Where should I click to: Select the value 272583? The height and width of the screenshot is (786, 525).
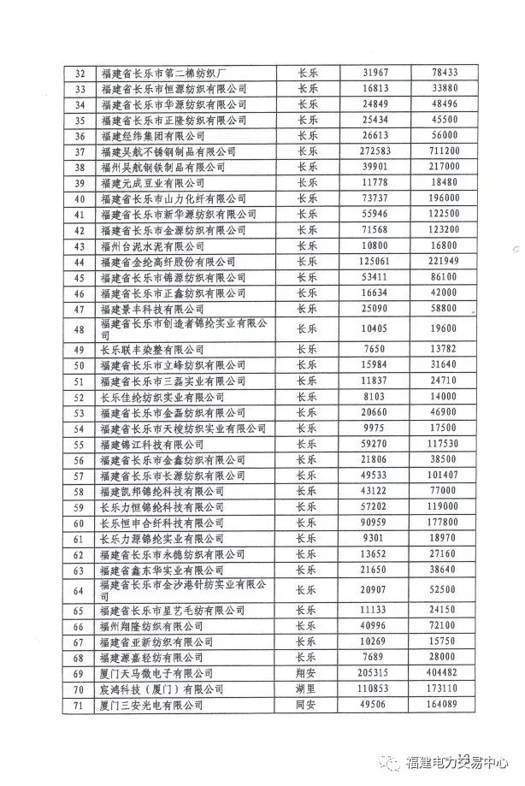click(x=375, y=151)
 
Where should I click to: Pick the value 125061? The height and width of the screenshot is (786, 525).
click(x=375, y=261)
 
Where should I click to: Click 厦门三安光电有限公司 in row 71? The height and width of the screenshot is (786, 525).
click(x=153, y=705)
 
